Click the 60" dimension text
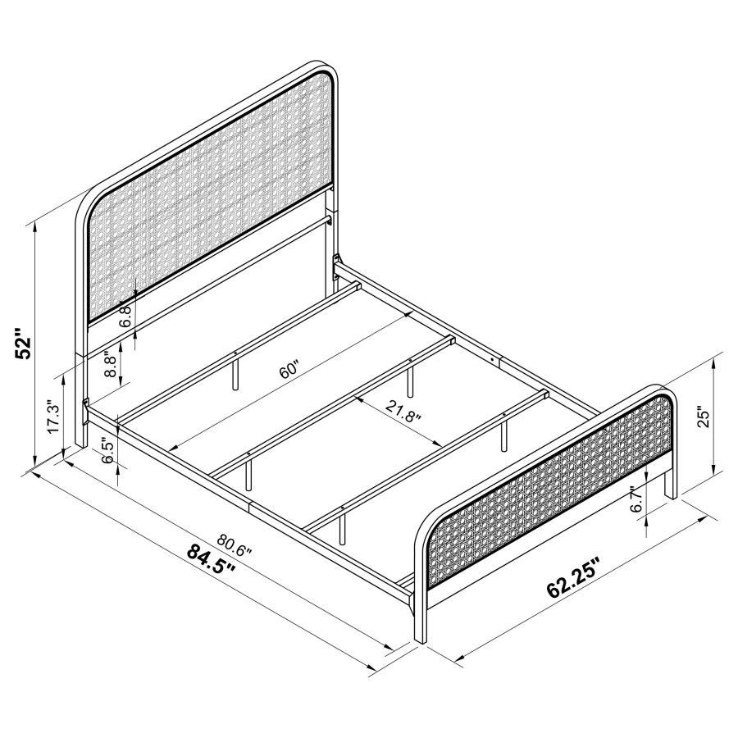click(288, 371)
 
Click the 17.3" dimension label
click(54, 419)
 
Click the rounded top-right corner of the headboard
click(326, 74)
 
